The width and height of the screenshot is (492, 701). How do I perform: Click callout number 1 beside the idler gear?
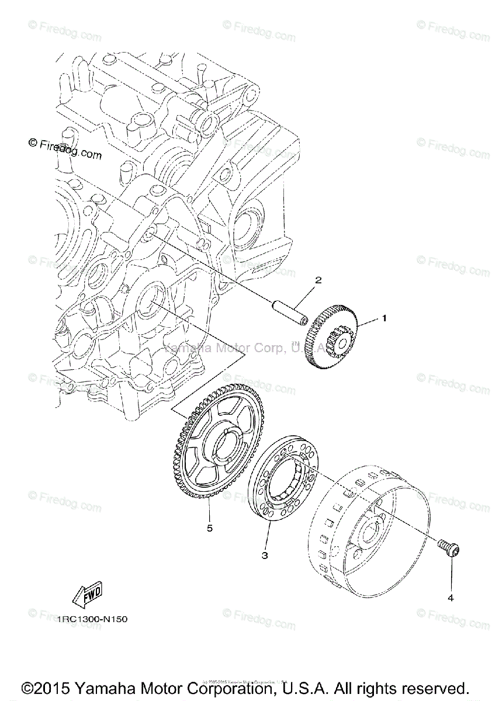(x=384, y=318)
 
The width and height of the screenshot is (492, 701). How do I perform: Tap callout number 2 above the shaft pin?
(x=318, y=280)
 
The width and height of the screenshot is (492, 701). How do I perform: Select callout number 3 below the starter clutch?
(x=264, y=556)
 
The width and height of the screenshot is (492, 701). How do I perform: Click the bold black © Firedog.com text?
(x=64, y=150)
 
